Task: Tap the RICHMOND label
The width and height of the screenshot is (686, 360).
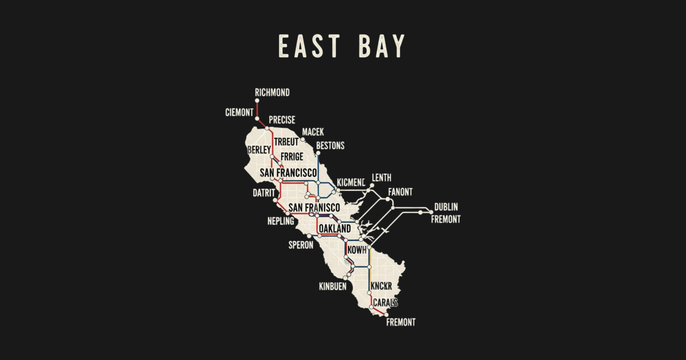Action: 272,93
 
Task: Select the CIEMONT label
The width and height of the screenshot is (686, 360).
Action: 239,113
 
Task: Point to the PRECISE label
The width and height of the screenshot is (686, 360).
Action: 282,120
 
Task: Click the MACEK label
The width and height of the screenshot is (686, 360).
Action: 313,132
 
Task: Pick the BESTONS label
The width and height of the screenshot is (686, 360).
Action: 330,146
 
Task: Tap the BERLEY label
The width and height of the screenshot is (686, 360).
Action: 259,150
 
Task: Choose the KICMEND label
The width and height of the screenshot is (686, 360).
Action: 350,182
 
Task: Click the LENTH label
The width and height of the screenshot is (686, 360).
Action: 381,178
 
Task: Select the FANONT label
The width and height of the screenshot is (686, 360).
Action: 400,192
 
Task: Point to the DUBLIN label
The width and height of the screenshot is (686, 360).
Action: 446,207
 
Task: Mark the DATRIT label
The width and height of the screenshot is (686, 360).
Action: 264,193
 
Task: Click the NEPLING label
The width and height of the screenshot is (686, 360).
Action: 280,221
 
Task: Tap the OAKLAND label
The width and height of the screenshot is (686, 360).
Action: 334,229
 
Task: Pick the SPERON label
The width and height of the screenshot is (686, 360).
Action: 301,245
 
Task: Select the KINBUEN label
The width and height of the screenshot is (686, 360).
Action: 332,286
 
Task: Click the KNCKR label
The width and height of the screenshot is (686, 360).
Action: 380,286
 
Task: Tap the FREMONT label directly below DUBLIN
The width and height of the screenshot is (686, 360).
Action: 445,219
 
